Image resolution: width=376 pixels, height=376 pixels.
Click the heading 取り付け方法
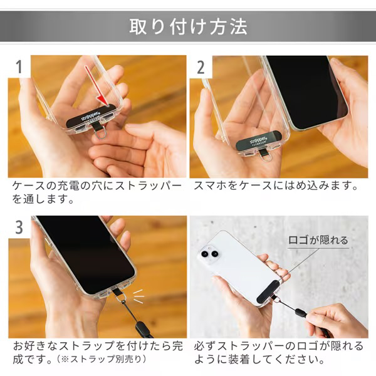pyautogui.click(x=188, y=26)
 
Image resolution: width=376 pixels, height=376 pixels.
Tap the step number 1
pyautogui.click(x=19, y=66)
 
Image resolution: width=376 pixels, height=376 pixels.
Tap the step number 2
pyautogui.click(x=201, y=67)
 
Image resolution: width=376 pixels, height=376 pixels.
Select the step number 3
pyautogui.click(x=19, y=227)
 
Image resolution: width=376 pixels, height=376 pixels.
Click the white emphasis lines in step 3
pyautogui.click(x=138, y=296)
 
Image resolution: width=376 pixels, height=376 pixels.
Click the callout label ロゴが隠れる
pyautogui.click(x=318, y=240)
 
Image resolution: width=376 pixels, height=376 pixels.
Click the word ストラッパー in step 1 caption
pyautogui.click(x=148, y=186)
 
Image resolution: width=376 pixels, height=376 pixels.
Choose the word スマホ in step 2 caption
pyautogui.click(x=210, y=186)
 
